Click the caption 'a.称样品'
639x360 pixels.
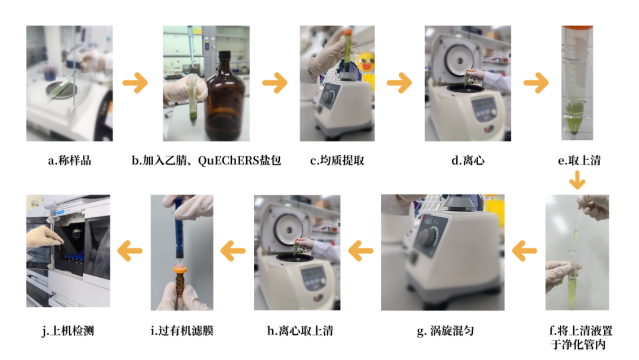[x=69, y=160]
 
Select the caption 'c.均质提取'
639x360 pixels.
[x=337, y=160]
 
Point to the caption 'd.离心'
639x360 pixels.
[x=468, y=160]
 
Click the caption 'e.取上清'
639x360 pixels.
[x=579, y=160]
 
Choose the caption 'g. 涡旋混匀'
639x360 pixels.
[x=446, y=330]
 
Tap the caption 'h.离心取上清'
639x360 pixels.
[x=300, y=330]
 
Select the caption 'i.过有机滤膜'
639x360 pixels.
[x=182, y=330]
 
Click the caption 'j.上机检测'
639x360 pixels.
[x=67, y=330]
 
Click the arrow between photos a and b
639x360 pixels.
[x=135, y=83]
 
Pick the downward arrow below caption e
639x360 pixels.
[x=577, y=180]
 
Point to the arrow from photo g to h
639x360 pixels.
[x=361, y=250]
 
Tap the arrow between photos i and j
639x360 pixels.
[x=130, y=250]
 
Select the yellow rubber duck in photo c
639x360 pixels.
[x=366, y=65]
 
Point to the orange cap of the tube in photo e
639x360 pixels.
[x=577, y=28]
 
